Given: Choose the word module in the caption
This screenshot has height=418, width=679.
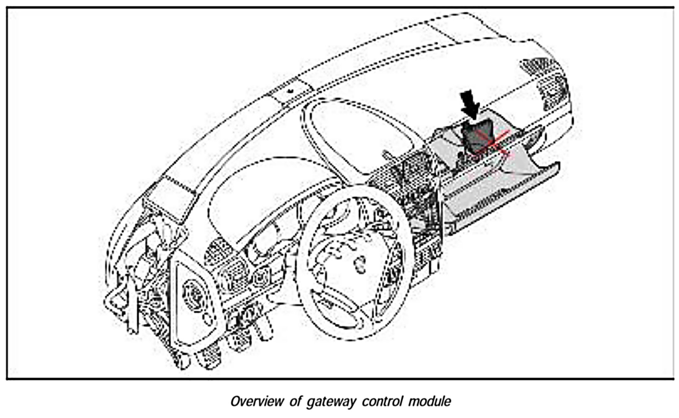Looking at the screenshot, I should (430, 402).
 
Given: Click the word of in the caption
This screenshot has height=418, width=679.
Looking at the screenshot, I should (295, 402).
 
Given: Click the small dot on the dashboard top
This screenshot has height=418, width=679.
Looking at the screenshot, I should (290, 90).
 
